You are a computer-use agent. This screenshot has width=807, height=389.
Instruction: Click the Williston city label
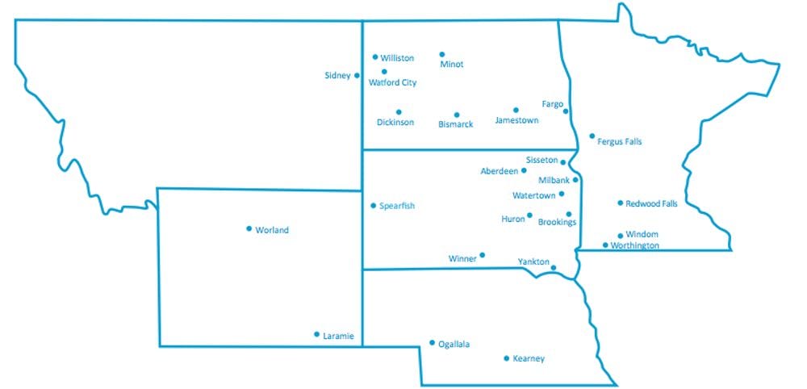[397, 58]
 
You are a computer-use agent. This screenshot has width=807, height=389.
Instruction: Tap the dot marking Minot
[442, 55]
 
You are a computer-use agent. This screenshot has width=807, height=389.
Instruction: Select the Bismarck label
[455, 124]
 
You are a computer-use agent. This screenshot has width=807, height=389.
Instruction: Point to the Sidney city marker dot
[357, 76]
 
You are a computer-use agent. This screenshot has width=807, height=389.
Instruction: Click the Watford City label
[392, 82]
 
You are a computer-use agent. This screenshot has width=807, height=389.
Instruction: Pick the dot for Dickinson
[399, 112]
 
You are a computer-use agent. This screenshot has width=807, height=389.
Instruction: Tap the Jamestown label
[516, 120]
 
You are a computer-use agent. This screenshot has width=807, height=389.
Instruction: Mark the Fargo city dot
[566, 111]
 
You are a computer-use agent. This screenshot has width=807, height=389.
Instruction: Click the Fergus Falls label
[619, 141]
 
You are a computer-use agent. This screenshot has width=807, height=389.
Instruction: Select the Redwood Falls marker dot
[621, 203]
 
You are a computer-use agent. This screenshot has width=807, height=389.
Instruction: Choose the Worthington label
[634, 245]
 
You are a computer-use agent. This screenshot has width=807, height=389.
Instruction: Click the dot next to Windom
[621, 236]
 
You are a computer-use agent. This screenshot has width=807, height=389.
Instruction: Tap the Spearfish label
[397, 207]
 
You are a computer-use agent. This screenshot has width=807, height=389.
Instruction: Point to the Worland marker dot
[249, 228]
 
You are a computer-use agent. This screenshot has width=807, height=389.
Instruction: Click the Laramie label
[338, 336]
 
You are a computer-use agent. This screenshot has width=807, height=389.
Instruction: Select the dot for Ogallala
[432, 342]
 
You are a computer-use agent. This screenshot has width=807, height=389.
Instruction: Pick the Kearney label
[529, 358]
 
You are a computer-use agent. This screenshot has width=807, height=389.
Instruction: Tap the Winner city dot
[483, 255]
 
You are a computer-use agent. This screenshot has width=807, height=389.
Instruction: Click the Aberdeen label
[498, 172]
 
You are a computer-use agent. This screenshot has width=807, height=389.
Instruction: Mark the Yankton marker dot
[554, 267]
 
